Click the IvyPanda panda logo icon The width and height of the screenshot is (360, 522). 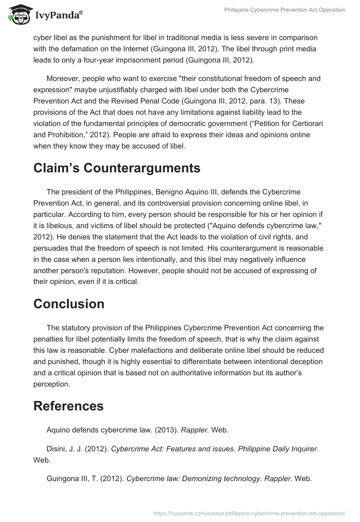[17, 14]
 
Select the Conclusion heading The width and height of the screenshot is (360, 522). [69, 304]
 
